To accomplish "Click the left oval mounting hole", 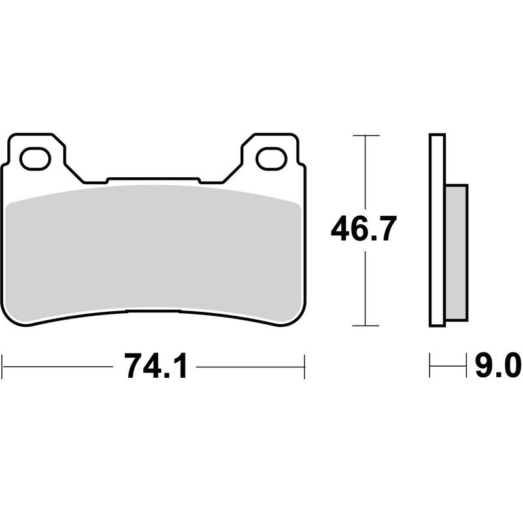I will click(x=36, y=158).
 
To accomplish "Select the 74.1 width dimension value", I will click(x=156, y=367).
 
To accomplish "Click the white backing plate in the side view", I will click(x=437, y=229).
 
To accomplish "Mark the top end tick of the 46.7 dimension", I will click(x=366, y=135).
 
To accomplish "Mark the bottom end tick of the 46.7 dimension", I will click(x=366, y=325).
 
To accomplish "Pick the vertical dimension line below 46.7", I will click(x=366, y=288).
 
